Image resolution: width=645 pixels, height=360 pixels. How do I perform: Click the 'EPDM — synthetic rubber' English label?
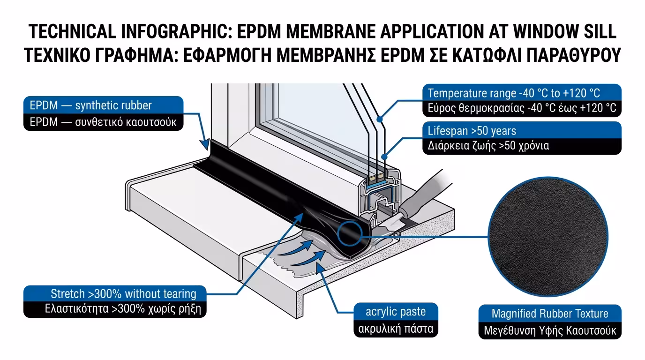(x=91, y=105)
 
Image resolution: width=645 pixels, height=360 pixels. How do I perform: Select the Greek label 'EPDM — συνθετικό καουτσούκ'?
(x=103, y=122)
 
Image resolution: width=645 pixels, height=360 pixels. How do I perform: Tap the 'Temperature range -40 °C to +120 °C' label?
(x=514, y=93)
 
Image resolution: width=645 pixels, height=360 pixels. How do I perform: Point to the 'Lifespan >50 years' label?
(x=472, y=130)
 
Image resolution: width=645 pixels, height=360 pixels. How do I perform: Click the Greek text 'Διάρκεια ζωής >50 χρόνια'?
(x=488, y=146)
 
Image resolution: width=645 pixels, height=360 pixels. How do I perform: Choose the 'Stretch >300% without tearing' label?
(x=123, y=294)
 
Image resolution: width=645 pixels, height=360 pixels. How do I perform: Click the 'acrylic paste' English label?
(x=396, y=311)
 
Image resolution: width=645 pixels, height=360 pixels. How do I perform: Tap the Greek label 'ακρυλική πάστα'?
(x=396, y=328)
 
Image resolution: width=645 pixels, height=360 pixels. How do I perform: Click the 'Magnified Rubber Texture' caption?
(x=550, y=314)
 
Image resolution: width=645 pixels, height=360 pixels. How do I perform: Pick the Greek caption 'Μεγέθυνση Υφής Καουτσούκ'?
(x=550, y=330)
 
